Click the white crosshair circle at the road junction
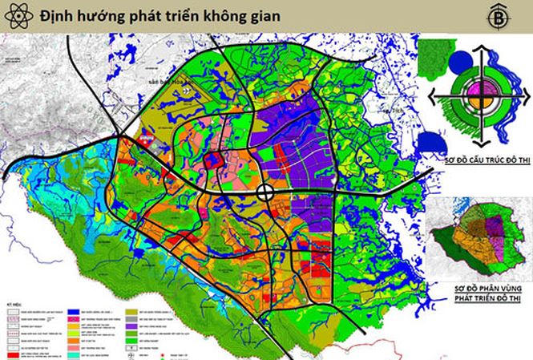tap(266, 192)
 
